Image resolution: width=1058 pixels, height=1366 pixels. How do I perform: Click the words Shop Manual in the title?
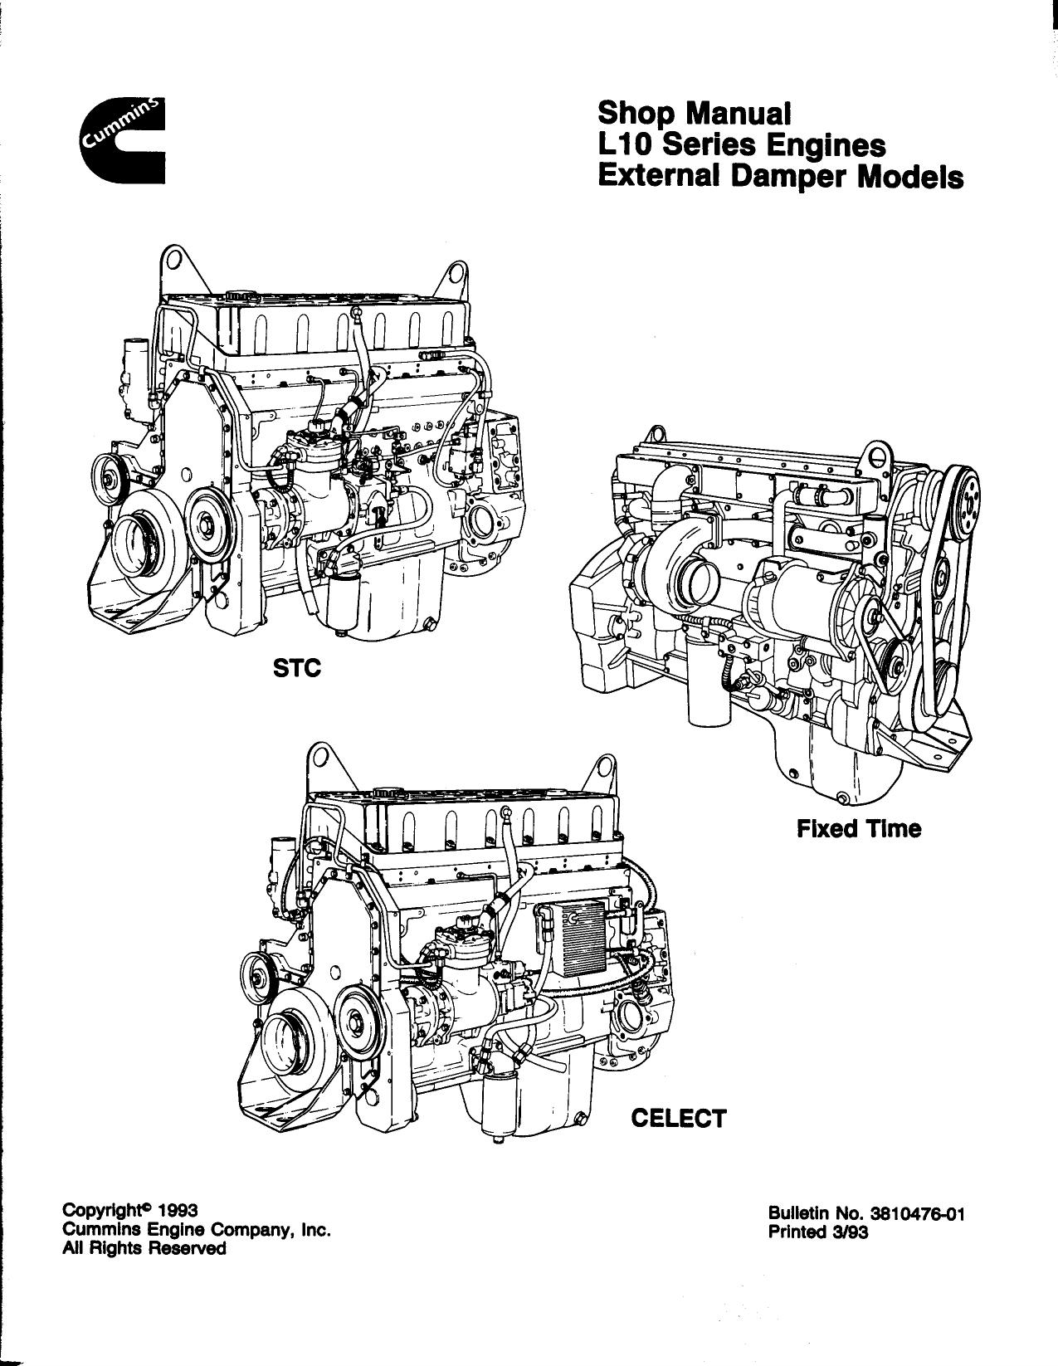[x=695, y=113]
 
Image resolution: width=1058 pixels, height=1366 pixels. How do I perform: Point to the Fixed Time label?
[x=859, y=829]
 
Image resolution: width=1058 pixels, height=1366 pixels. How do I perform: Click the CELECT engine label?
[x=679, y=1119]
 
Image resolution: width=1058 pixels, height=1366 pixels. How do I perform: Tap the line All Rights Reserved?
[x=144, y=1248]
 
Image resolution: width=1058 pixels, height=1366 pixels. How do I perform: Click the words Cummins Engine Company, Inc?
[x=197, y=1231]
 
